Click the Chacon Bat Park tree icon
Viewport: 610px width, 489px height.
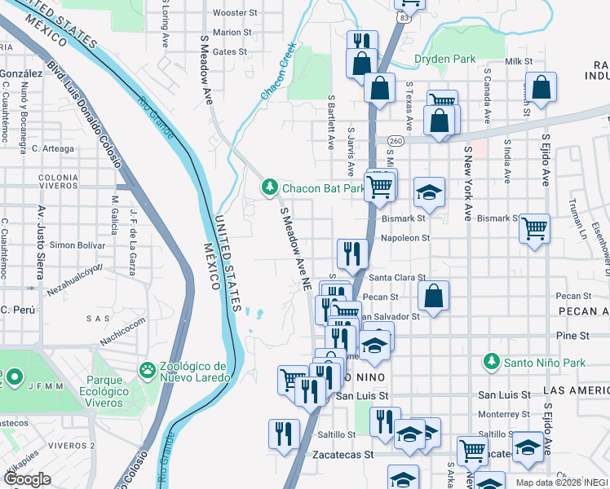[270, 188]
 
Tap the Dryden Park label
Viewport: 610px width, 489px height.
[445, 59]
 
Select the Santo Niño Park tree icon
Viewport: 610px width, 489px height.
[491, 360]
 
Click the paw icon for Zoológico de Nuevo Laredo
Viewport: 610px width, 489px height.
[148, 371]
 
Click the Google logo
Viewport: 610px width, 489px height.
[28, 479]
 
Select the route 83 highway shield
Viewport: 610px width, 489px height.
[404, 16]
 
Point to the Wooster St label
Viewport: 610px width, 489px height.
[234, 13]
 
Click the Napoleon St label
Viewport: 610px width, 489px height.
[405, 238]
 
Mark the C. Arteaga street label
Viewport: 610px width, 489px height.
[53, 148]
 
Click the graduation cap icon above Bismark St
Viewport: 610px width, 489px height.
[429, 192]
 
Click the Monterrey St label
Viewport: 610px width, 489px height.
[504, 415]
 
